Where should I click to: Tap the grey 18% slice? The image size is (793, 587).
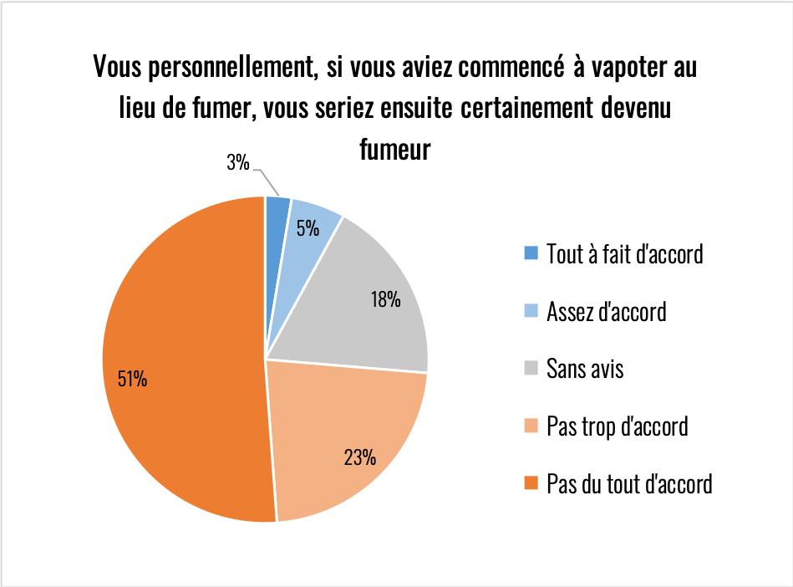[368, 309]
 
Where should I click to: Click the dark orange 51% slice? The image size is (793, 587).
[184, 360]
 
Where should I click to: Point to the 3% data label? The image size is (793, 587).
[238, 163]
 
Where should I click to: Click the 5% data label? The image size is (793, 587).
[307, 227]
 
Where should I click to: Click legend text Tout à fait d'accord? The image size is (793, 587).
[624, 253]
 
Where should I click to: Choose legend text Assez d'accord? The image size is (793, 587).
[606, 312]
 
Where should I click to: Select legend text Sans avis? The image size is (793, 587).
[585, 369]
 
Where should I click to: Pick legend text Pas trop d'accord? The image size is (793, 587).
[617, 426]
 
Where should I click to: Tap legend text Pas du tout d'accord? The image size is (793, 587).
[629, 483]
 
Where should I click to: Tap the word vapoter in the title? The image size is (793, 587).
[618, 67]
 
